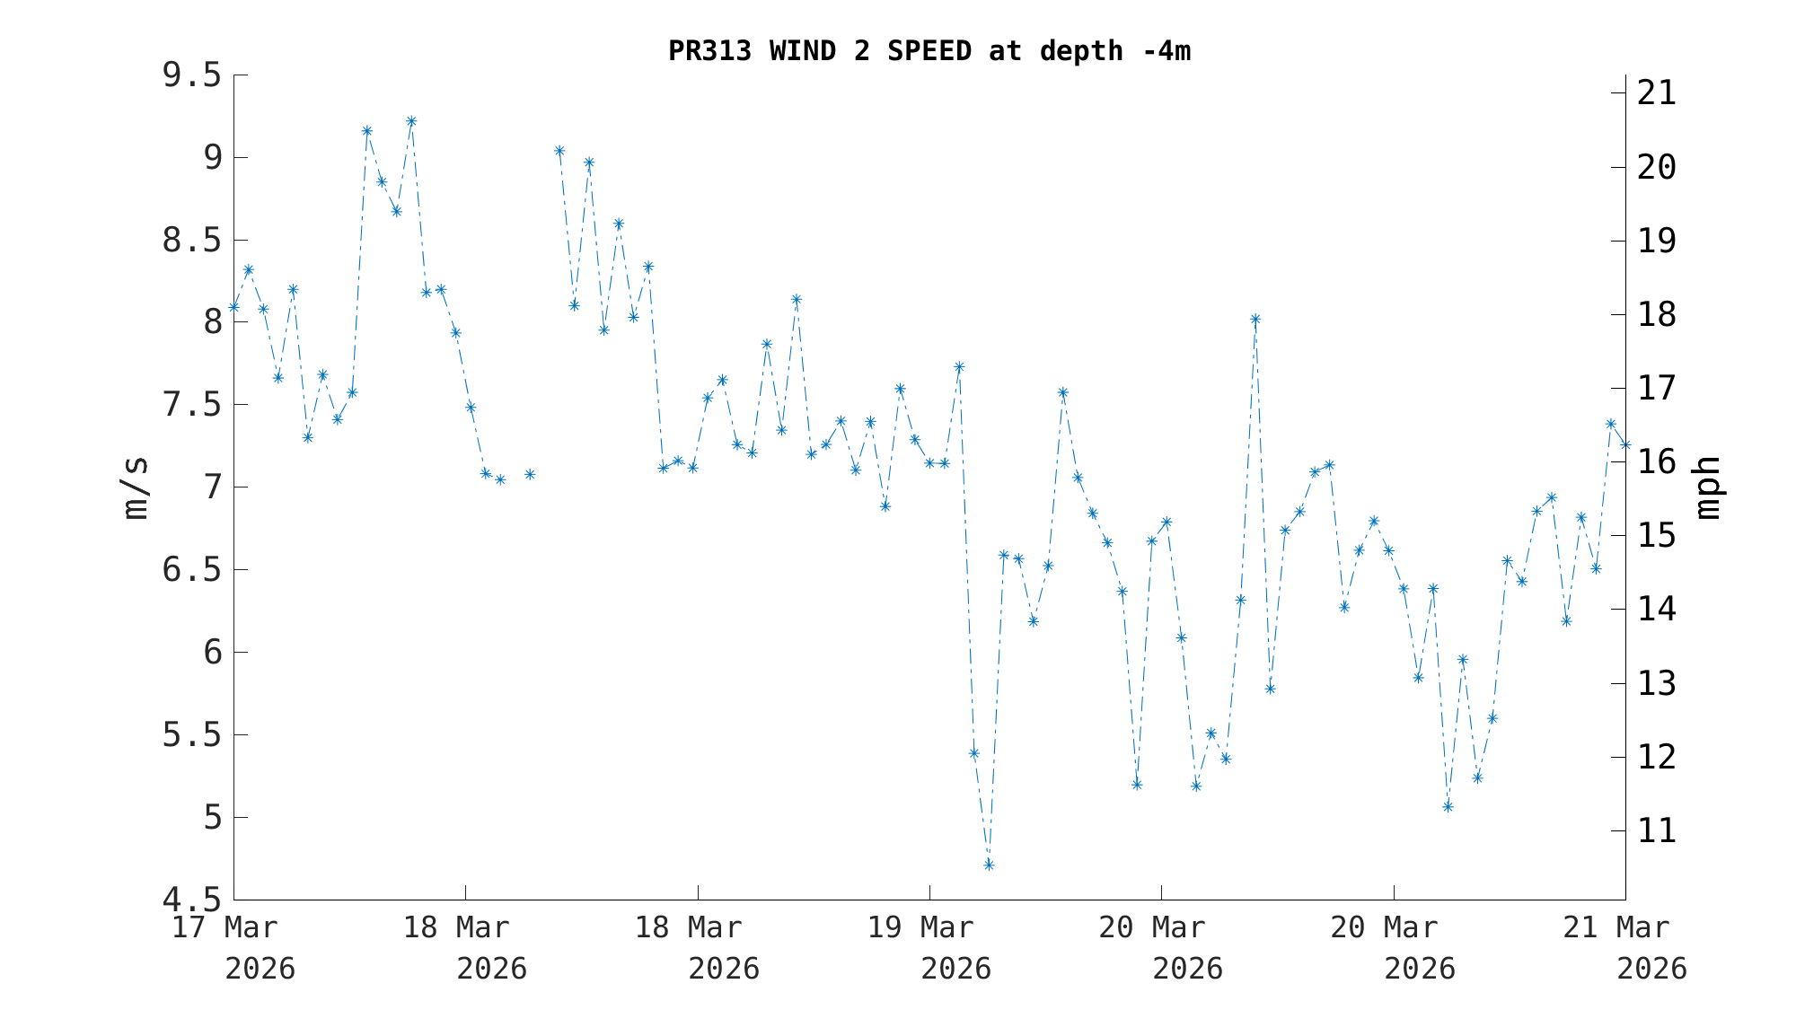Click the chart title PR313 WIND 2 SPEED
tap(929, 51)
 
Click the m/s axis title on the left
tap(136, 487)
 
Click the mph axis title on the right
tap(1707, 487)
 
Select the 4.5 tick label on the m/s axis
tap(191, 900)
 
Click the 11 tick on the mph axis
tap(1657, 830)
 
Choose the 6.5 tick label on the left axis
tap(191, 570)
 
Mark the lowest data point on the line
tap(989, 865)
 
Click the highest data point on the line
tap(411, 121)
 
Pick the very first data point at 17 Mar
tap(233, 307)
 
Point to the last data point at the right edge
tap(1625, 444)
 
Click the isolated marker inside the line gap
tap(530, 474)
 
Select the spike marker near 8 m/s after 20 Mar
tap(1255, 319)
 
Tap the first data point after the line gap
tap(559, 151)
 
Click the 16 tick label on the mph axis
tap(1657, 461)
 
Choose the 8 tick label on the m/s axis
tap(213, 322)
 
